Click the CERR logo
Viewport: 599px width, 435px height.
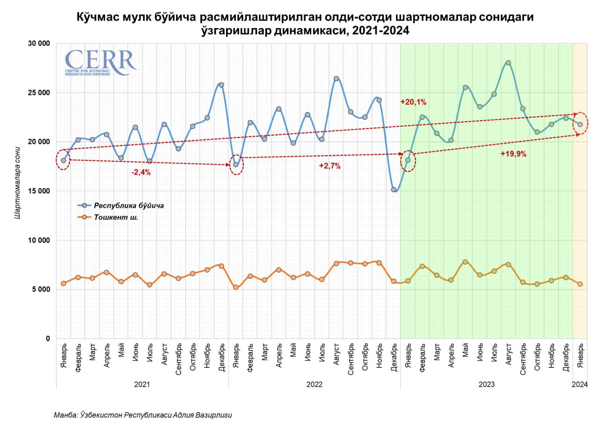[x=100, y=63]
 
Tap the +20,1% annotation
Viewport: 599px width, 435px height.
[x=413, y=102]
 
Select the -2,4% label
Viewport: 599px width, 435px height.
[x=141, y=172]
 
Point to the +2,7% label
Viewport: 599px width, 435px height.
[x=330, y=166]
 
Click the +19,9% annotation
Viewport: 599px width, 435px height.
[x=513, y=154]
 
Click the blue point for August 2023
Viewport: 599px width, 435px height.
[x=508, y=63]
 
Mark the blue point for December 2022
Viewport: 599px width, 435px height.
[x=394, y=189]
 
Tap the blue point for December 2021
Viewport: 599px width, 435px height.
[x=221, y=85]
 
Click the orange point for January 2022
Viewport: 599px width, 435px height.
[x=236, y=287]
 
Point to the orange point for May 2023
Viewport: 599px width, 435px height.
[x=465, y=262]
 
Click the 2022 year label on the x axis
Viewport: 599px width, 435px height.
[x=314, y=384]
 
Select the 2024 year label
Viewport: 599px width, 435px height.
[x=580, y=384]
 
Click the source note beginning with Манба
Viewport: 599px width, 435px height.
[x=143, y=415]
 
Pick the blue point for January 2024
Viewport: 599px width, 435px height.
[x=580, y=124]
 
